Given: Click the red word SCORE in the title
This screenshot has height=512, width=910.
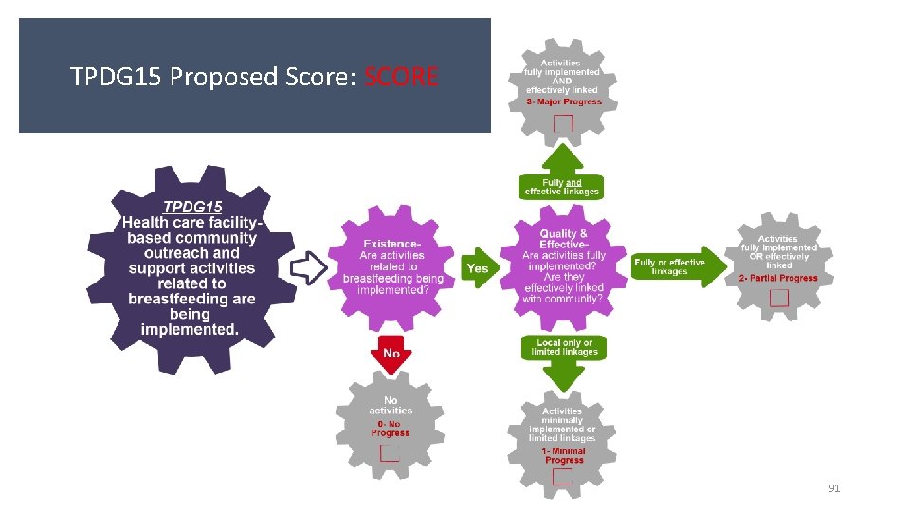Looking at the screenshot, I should click(x=401, y=77).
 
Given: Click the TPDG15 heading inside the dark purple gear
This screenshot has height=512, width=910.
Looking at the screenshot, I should click(x=192, y=207).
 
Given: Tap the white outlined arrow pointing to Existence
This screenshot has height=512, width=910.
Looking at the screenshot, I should click(x=308, y=267).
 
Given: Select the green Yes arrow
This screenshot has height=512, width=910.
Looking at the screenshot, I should click(x=479, y=268).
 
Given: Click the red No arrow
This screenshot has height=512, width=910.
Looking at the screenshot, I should click(x=391, y=353).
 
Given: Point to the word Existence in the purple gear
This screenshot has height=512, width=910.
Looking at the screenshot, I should click(x=391, y=245).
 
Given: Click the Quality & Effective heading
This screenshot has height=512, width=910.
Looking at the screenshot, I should click(x=564, y=240).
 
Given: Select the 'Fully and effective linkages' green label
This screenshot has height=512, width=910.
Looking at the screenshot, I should click(x=562, y=187).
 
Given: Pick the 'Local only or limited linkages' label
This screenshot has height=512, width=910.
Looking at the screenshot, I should click(x=564, y=347).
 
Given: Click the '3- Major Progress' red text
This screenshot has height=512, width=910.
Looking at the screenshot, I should click(x=564, y=101).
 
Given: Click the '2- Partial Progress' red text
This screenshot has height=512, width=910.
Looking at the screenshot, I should click(x=777, y=279).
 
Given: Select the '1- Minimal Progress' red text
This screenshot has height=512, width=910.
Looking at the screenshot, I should click(x=564, y=456).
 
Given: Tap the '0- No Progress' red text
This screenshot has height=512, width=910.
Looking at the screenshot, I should click(x=391, y=429).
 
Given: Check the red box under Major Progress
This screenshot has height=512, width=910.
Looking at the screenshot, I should click(x=563, y=122).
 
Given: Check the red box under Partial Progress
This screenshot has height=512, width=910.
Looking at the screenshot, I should click(x=778, y=298).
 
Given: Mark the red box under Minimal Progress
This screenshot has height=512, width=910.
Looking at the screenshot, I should click(x=562, y=477).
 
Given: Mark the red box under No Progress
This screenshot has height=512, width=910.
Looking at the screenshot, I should click(x=389, y=451).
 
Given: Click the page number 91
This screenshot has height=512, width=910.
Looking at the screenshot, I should click(x=834, y=488).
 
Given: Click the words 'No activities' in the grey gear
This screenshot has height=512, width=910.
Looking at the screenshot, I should click(x=391, y=406).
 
